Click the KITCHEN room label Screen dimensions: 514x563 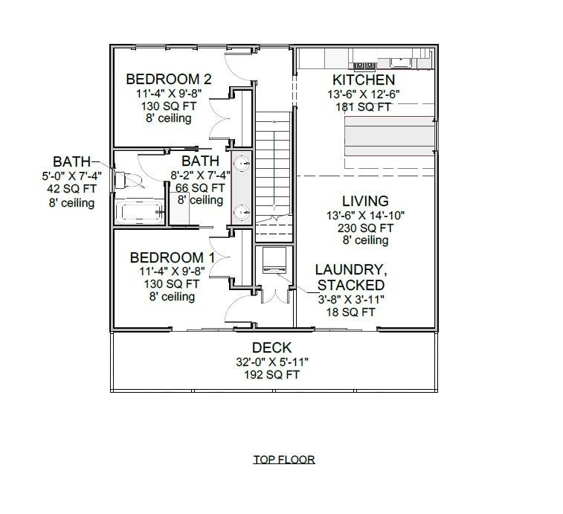[364, 80]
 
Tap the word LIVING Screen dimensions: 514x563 [365, 201]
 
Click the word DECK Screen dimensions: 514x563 [271, 347]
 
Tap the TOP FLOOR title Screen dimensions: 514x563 [283, 459]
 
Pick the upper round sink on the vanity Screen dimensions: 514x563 [242, 163]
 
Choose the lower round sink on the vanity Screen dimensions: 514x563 [242, 213]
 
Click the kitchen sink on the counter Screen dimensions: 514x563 [399, 61]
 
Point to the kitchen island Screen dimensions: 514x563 [388, 135]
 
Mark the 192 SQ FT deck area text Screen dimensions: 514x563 [271, 375]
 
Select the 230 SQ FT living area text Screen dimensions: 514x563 [364, 228]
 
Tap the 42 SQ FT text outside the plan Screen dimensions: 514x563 [72, 189]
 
